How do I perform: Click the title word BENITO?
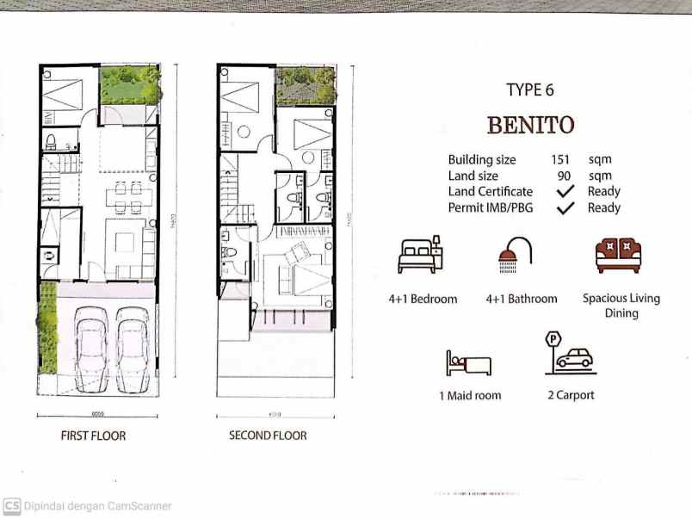tap(530, 125)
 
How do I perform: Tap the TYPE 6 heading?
tap(530, 90)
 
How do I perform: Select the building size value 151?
tap(560, 159)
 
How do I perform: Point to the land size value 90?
tap(565, 176)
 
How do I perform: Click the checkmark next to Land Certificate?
tap(565, 191)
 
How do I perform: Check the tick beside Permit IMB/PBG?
tap(565, 207)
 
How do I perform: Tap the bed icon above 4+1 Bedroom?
tap(419, 255)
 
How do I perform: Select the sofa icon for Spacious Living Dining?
tap(619, 255)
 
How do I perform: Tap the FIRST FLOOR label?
tap(93, 436)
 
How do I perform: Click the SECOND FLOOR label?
tap(268, 436)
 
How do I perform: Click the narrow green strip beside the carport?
tap(48, 328)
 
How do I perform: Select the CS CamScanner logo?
tap(11, 506)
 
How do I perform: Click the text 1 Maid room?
tap(469, 396)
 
